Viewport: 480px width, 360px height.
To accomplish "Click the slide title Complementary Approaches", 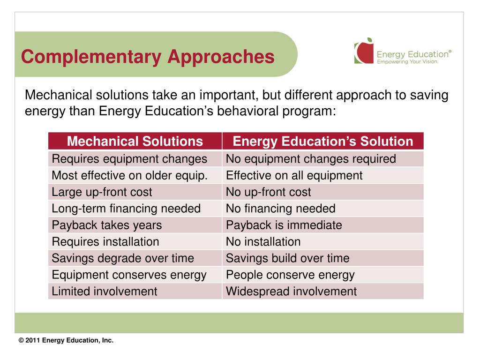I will pos(147,57).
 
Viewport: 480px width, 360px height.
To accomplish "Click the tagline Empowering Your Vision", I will pos(408,62).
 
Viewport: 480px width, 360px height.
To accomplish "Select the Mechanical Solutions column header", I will pos(135,141).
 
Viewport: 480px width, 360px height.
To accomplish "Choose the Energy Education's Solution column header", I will pos(323,141).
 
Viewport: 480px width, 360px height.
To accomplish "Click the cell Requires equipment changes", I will pos(129,159).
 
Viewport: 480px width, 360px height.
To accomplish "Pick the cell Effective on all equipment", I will pos(294,176).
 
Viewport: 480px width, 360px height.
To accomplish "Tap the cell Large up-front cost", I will pos(102,192).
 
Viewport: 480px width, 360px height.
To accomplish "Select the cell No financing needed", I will pos(281,209).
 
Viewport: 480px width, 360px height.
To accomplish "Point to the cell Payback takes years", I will pos(107,225).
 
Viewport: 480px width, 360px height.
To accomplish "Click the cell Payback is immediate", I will pos(284,225).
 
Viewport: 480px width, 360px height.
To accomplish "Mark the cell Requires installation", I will pos(105,242).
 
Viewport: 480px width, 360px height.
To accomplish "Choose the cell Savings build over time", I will pos(288,258).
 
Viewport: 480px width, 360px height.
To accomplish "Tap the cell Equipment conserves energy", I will pos(129,275).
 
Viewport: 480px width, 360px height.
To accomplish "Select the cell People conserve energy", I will pos(290,275).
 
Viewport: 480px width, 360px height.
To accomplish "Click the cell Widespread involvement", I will pos(291,291).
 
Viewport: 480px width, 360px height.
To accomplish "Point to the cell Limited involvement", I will pos(105,291).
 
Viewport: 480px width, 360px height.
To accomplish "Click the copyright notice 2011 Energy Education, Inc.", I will pos(66,341).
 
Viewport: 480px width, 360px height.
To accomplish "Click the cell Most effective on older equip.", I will pos(129,176).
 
